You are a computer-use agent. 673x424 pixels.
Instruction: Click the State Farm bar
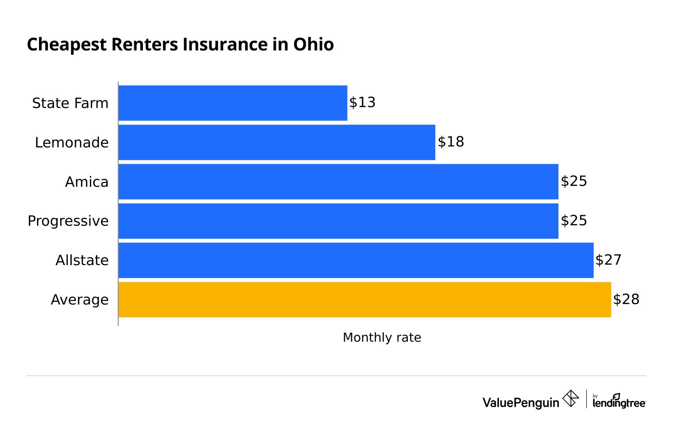click(232, 103)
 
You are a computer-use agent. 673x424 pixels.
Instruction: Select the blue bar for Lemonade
click(277, 142)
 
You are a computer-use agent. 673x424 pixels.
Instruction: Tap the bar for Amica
click(338, 181)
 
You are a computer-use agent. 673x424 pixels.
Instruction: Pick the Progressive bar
click(338, 221)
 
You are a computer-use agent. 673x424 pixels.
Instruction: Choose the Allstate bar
click(356, 260)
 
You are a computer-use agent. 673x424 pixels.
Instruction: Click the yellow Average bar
click(364, 300)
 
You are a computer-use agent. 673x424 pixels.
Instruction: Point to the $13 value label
click(362, 102)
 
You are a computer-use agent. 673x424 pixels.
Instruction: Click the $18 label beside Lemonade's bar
click(451, 142)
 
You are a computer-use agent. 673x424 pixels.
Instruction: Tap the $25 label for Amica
click(574, 181)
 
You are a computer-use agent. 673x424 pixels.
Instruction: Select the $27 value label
click(608, 260)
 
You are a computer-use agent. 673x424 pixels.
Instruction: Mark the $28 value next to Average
click(626, 299)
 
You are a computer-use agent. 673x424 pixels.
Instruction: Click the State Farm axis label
click(70, 103)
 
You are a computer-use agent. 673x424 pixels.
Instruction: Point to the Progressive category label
click(68, 221)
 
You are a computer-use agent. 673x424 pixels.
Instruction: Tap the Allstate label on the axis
click(82, 260)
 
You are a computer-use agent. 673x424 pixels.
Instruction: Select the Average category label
click(79, 300)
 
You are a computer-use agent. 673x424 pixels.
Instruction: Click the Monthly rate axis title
click(382, 337)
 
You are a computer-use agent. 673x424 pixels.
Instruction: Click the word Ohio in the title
click(313, 45)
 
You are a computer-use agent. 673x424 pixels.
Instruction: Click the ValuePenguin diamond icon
click(570, 398)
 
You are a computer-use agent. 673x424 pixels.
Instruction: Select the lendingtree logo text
click(619, 402)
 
